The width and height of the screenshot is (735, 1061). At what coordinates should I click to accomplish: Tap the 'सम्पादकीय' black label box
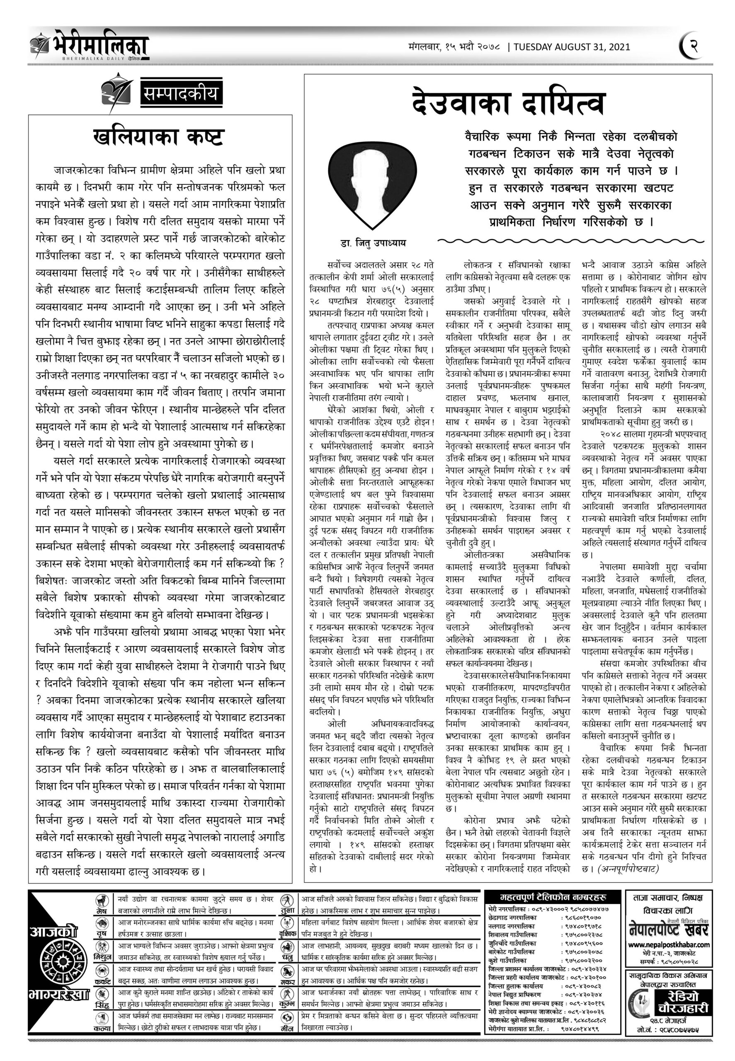[180, 94]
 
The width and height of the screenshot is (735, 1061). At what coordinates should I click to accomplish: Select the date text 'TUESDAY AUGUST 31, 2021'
[572, 47]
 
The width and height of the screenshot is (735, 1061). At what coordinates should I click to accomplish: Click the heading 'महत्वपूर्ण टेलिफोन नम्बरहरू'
[553, 898]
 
